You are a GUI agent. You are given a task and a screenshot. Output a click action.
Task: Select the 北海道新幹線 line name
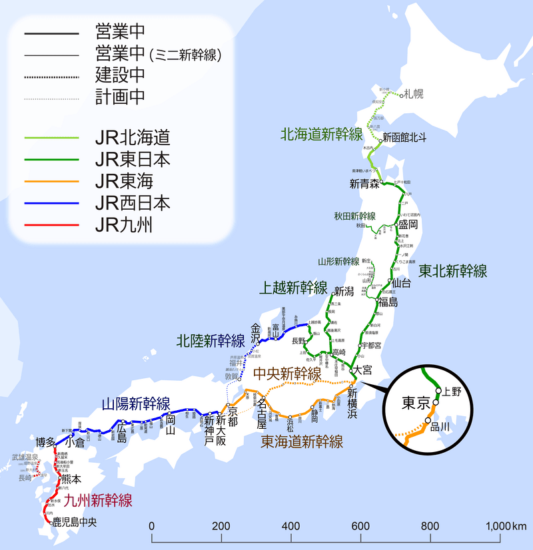tap(320, 134)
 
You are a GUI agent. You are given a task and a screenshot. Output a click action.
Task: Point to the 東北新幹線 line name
tap(453, 271)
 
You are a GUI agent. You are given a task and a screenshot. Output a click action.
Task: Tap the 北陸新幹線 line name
tap(211, 341)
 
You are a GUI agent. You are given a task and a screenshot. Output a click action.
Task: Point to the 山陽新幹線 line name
tap(136, 403)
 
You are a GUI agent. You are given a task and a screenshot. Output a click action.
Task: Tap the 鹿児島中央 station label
tap(76, 523)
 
